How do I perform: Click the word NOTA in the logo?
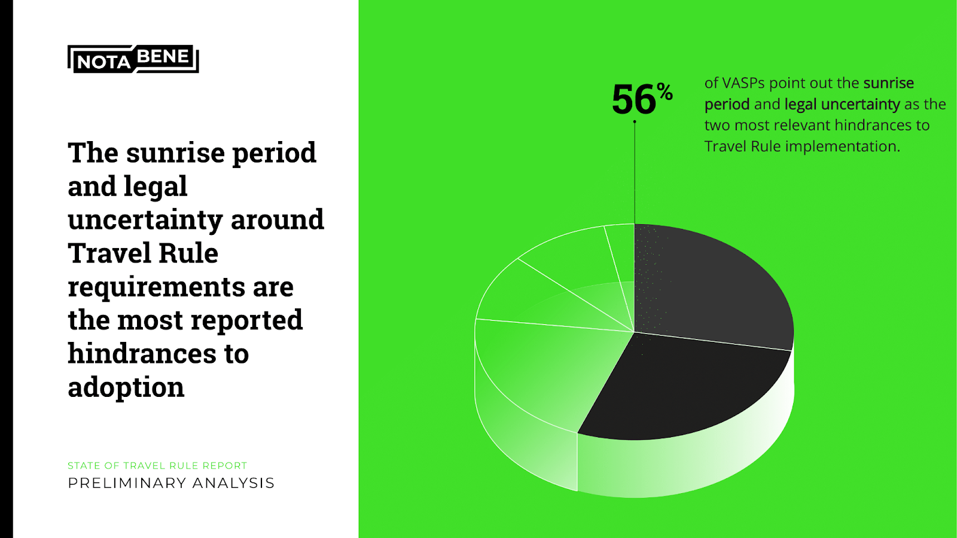[x=104, y=63]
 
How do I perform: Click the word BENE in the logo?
[x=163, y=56]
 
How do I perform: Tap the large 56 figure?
[x=633, y=99]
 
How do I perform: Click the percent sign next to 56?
[x=665, y=91]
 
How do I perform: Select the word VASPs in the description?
[x=743, y=83]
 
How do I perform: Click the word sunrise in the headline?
[x=176, y=152]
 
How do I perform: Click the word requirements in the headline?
[x=156, y=287]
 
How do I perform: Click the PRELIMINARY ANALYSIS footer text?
[x=171, y=483]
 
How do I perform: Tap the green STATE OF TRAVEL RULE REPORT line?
[x=158, y=466]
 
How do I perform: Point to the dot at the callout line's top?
[x=635, y=122]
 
